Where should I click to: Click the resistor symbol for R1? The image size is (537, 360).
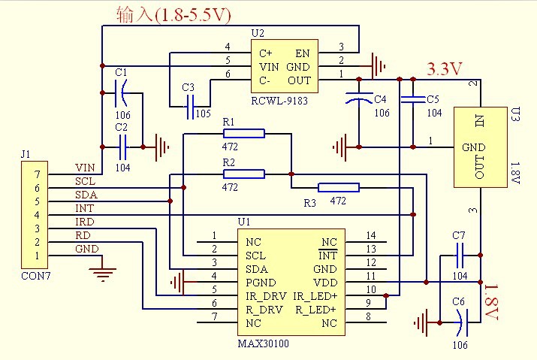tap(243, 134)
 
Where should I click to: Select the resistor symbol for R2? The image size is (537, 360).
tap(243, 174)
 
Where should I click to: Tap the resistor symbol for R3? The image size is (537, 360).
tap(339, 188)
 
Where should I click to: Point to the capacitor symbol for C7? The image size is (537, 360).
tap(460, 256)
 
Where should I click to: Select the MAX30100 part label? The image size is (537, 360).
tap(262, 343)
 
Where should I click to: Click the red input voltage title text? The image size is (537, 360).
tap(173, 14)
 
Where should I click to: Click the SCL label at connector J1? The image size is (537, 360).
tap(86, 181)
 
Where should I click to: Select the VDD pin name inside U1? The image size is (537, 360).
tap(324, 282)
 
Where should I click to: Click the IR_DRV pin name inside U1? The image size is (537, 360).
tap(267, 295)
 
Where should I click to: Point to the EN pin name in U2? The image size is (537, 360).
tap(303, 53)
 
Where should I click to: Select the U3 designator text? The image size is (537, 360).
tap(515, 114)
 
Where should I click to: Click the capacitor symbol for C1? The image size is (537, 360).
tap(122, 95)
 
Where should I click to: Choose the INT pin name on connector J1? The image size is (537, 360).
tap(84, 208)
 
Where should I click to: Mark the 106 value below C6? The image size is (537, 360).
tap(460, 345)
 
